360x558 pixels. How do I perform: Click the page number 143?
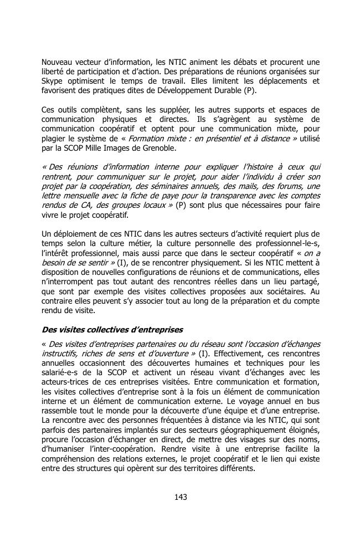180,496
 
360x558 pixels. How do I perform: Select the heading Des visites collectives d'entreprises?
112,330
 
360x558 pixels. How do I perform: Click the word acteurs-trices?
66,383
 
